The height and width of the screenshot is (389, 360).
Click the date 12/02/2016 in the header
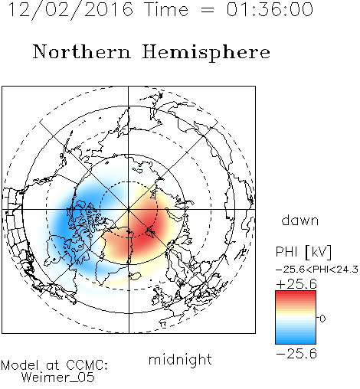coord(70,10)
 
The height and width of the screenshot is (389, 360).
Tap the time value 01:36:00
coord(270,9)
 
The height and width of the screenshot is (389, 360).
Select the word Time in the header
coord(166,9)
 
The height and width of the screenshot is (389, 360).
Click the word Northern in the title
coord(82,51)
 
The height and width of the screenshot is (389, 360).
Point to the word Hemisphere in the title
coord(206,53)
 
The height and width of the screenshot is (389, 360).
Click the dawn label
coord(300,220)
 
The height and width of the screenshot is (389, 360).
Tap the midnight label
coord(180,360)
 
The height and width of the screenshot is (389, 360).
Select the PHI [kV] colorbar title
coord(303,252)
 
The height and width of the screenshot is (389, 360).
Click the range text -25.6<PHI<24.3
coord(317,270)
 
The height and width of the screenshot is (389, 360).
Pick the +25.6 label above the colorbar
coord(296,284)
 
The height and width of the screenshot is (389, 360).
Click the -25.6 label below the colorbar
coord(296,354)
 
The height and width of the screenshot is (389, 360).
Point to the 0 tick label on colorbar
coord(322,319)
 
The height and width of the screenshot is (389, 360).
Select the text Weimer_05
coord(58,378)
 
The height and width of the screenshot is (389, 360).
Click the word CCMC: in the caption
coord(87,365)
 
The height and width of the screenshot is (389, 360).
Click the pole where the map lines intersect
coord(129,209)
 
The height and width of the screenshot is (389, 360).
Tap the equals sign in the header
coord(208,11)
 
